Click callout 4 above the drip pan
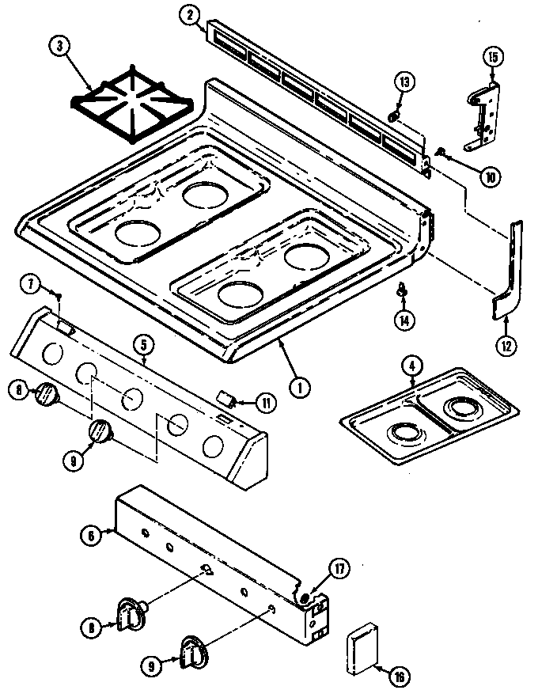(x=411, y=364)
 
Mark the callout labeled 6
(x=91, y=536)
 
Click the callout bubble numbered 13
(x=404, y=82)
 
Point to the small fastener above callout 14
(x=403, y=292)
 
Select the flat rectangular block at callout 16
(x=363, y=640)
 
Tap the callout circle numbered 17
(x=339, y=567)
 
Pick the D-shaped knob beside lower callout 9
(x=192, y=652)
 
